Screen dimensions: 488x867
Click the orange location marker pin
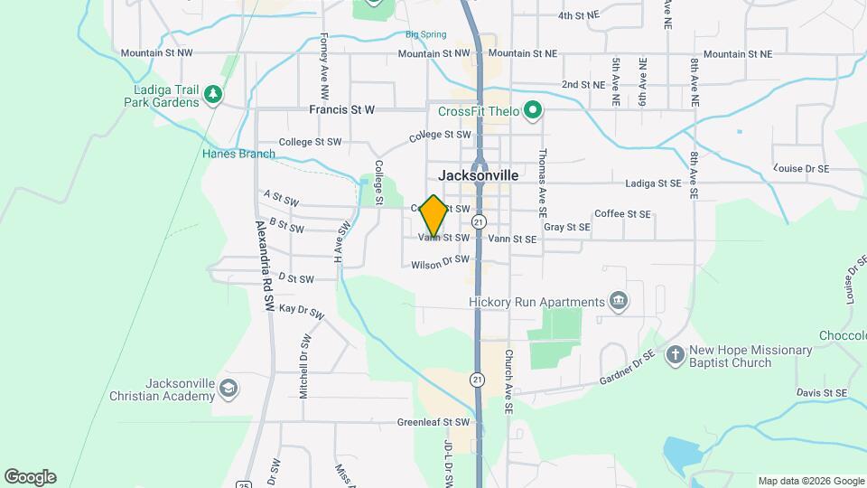(433, 216)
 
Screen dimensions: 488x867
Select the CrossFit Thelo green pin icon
(533, 111)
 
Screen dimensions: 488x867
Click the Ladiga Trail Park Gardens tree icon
(212, 93)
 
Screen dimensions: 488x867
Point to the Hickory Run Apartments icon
(619, 301)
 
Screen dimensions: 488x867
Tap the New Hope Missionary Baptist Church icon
(675, 355)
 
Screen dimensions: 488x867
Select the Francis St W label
(341, 110)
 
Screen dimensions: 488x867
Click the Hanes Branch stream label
(238, 154)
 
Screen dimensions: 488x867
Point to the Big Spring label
(425, 35)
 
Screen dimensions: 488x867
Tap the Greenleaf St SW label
(433, 422)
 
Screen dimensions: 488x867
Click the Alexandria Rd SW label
(265, 267)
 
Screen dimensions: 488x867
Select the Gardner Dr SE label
(625, 369)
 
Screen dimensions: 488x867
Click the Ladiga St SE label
(653, 183)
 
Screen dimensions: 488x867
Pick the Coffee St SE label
(622, 214)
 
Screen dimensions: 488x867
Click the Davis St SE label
(821, 393)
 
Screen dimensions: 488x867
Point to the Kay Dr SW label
(302, 311)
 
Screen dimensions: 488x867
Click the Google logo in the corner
(30, 476)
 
